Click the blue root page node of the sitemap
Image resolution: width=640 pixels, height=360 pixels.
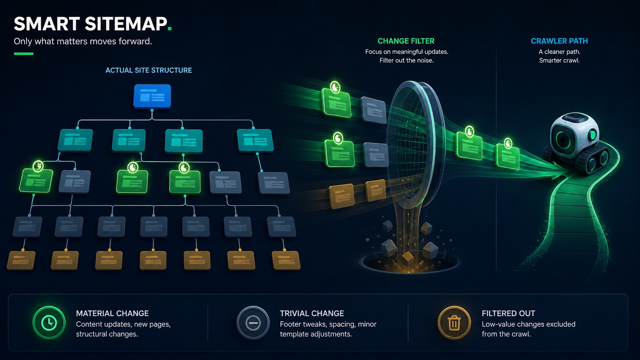[152, 96]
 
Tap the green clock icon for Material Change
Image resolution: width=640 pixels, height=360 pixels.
[49, 323]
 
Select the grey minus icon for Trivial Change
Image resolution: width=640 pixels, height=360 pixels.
[253, 323]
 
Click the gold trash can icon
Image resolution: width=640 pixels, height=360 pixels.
[454, 323]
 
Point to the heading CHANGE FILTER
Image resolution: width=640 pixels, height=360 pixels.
[406, 41]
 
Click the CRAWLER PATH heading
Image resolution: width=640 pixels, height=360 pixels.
[559, 41]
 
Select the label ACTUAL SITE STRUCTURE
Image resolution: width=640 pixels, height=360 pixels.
[149, 70]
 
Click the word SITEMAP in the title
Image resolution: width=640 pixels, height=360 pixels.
[126, 24]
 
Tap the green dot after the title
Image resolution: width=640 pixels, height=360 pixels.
[170, 28]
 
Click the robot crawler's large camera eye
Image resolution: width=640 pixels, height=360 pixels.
[563, 140]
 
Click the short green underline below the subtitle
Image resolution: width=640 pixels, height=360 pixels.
[24, 54]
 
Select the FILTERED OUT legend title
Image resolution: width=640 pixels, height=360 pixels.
[508, 313]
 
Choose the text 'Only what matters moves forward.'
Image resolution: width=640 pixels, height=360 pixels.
[83, 41]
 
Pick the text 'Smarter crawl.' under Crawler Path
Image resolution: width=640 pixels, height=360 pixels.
[559, 60]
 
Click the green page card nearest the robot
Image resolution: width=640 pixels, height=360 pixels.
[508, 156]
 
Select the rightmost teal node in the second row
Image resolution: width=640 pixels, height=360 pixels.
[255, 140]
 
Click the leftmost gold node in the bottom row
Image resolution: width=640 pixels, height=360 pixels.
[21, 261]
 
